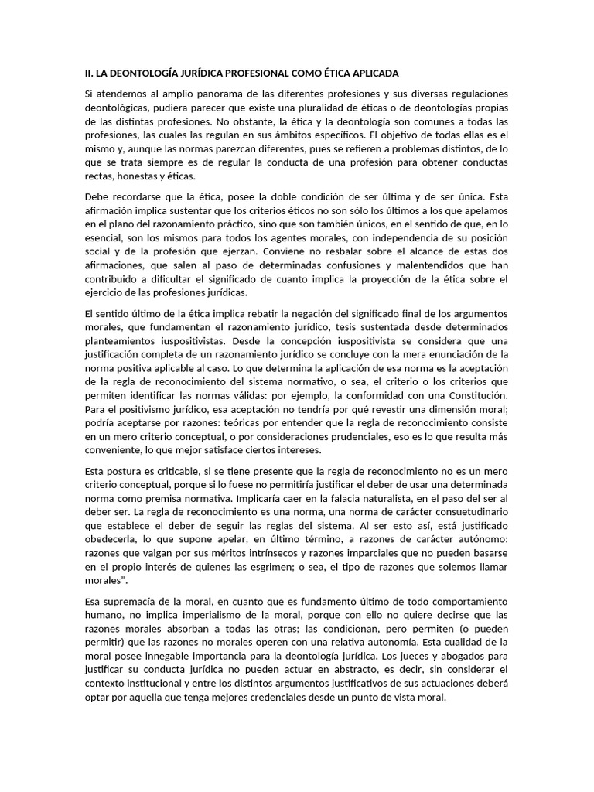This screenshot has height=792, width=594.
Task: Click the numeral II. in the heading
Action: click(x=89, y=73)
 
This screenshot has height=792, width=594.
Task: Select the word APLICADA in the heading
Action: click(x=374, y=73)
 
